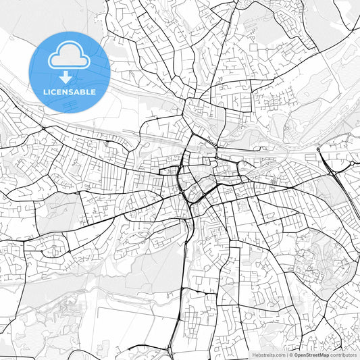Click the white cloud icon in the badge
70,57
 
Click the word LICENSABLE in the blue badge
70,91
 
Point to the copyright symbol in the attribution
290,355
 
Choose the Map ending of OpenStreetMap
324,355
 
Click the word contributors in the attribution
343,355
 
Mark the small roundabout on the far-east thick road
352,163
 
